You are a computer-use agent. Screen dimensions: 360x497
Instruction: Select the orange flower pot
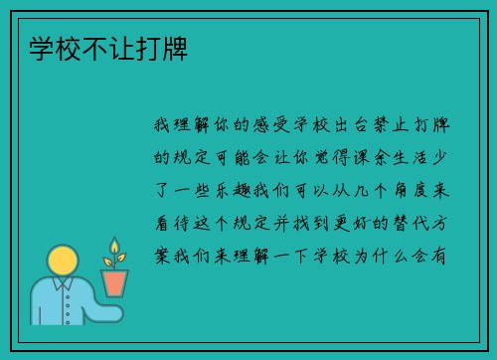click(x=115, y=282)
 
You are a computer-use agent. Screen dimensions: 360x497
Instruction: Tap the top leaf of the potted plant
click(x=114, y=245)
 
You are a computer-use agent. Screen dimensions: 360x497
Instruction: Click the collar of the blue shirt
click(x=64, y=288)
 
